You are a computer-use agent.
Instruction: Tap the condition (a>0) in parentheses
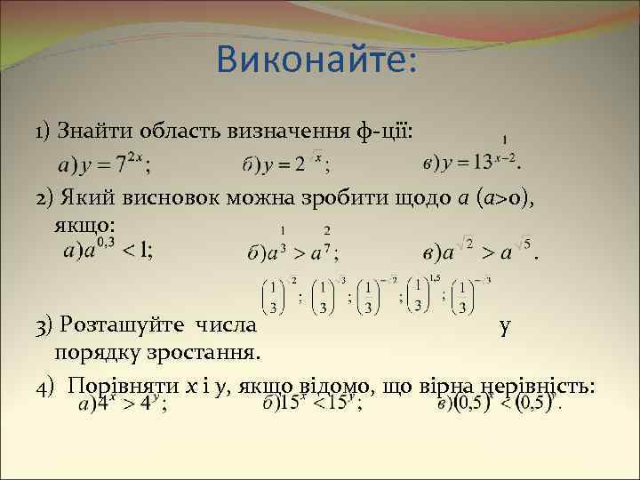click(x=502, y=197)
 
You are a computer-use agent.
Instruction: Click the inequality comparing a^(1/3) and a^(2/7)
click(x=292, y=252)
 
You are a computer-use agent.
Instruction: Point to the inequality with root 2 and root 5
click(x=480, y=252)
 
